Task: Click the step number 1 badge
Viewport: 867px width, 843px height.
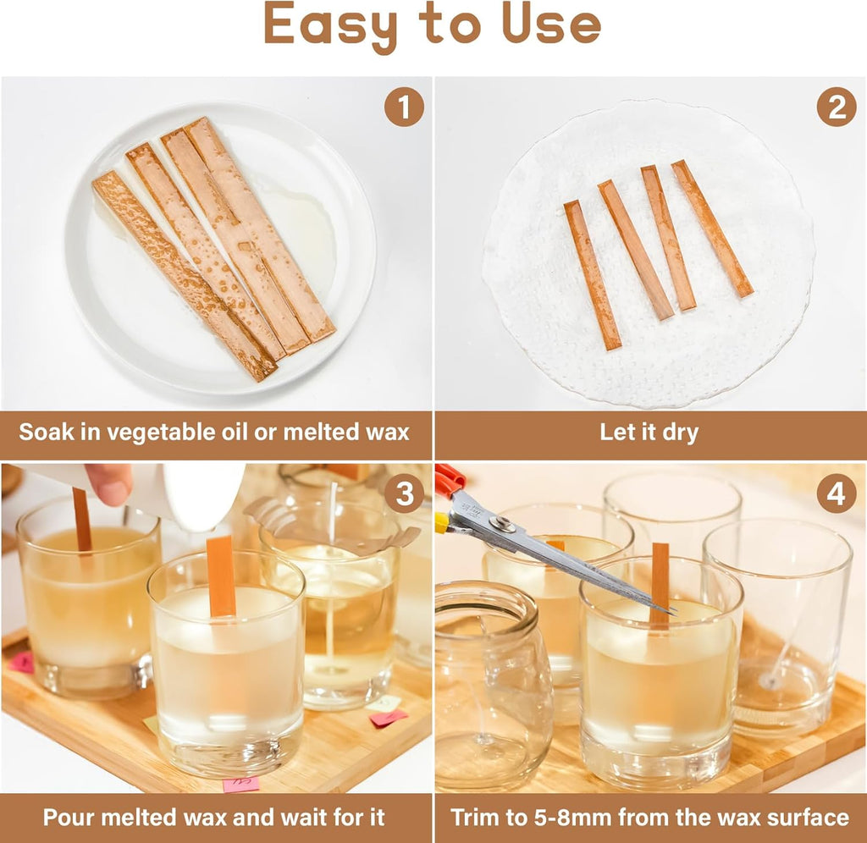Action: point(404,107)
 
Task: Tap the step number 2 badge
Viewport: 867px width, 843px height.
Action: point(836,107)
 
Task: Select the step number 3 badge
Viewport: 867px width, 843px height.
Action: point(404,494)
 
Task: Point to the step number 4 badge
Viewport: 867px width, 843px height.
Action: point(836,494)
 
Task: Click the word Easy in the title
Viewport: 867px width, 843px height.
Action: point(330,25)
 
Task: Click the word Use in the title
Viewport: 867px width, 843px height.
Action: point(550,24)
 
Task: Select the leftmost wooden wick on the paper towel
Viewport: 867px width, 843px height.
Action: point(592,274)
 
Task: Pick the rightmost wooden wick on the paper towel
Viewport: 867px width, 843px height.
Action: point(711,229)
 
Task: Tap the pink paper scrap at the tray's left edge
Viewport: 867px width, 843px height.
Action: point(20,662)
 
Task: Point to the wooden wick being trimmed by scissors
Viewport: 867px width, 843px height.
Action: point(660,584)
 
